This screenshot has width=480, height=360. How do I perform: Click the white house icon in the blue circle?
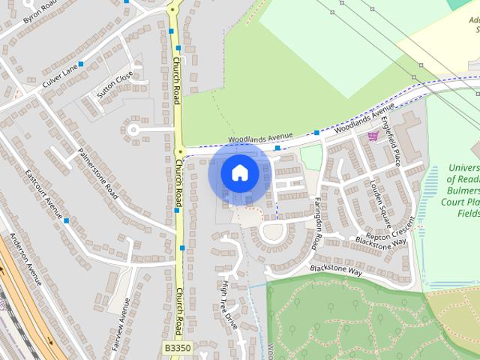[239, 172]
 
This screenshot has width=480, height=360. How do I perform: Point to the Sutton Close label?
[115, 84]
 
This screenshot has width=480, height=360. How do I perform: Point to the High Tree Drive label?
[227, 303]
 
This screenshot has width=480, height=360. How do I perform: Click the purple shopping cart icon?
[373, 135]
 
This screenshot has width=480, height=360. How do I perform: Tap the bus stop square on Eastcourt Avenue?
[66, 220]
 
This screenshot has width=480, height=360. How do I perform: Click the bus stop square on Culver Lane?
[81, 64]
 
